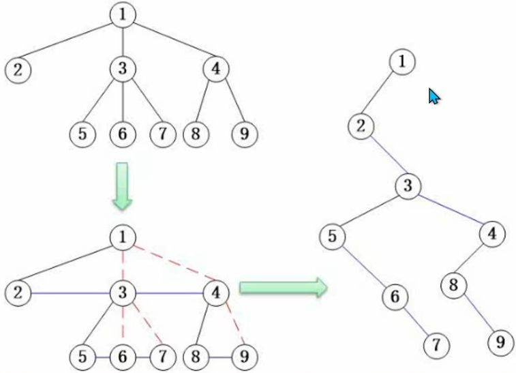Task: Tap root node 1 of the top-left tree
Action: [x=123, y=14]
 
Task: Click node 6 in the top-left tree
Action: [x=122, y=134]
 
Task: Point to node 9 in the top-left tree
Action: [x=244, y=134]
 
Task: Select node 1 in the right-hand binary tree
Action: [x=402, y=62]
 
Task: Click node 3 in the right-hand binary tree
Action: [x=408, y=185]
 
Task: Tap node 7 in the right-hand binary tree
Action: [x=436, y=346]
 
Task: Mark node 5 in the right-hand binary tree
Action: [x=332, y=237]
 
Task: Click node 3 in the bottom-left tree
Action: [x=123, y=293]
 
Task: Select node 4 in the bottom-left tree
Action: [x=215, y=293]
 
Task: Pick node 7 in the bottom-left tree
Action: [x=162, y=356]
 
